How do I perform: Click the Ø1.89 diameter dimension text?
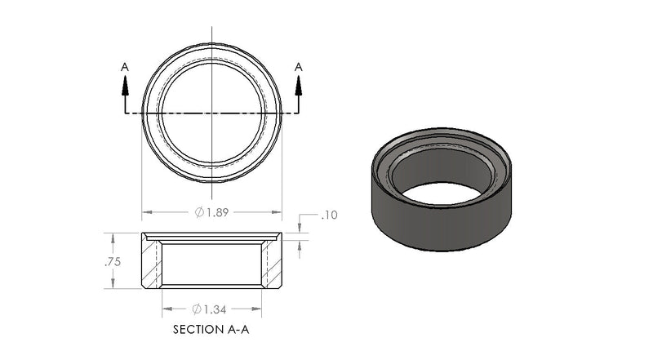click(x=212, y=212)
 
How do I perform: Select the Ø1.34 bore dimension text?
click(x=210, y=309)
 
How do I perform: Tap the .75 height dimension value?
click(x=113, y=262)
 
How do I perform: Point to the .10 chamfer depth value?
click(x=330, y=215)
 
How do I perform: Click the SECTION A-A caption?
click(x=211, y=330)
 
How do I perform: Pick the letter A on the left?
click(x=125, y=67)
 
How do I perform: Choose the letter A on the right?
click(x=299, y=67)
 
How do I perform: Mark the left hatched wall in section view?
click(x=151, y=264)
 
